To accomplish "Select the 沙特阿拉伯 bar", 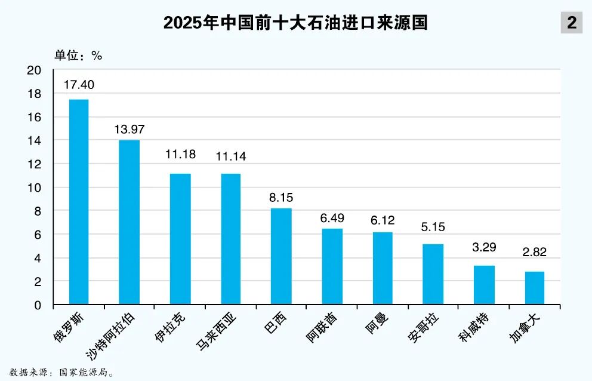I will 129,222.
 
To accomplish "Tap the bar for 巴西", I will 281,256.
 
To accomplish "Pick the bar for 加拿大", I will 535,288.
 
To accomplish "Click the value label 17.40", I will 79,85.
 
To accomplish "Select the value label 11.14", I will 231,157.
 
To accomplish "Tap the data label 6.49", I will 332,218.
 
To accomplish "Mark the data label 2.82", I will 534,252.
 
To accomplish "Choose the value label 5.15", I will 433,228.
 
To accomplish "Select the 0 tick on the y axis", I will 38,305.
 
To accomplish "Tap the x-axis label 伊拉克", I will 169,326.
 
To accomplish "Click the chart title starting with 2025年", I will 296,23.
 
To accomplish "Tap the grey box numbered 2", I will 572,23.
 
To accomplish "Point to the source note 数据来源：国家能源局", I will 61,372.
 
